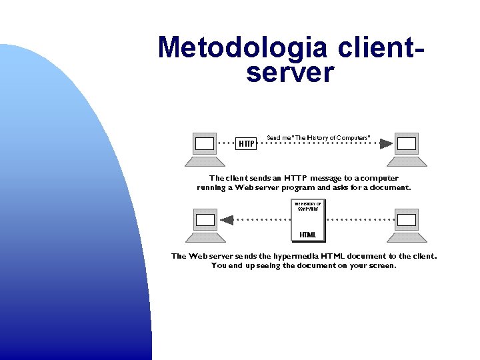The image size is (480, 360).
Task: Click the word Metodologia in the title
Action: (243, 48)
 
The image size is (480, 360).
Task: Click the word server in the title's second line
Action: (289, 73)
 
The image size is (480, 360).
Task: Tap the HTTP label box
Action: (247, 143)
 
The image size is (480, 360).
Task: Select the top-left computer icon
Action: (205, 149)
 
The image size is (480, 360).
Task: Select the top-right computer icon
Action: (406, 149)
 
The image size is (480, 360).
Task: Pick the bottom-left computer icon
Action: (205, 225)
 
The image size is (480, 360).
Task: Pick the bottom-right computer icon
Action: (406, 225)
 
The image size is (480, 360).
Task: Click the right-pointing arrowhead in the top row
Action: (386, 143)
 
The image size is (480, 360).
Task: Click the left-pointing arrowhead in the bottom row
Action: (227, 219)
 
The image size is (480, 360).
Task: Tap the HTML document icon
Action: (308, 220)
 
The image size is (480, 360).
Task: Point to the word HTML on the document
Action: (308, 235)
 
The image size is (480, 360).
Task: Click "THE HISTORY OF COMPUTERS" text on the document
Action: (308, 206)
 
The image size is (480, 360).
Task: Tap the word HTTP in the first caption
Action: (296, 178)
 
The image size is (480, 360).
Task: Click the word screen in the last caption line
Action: (381, 265)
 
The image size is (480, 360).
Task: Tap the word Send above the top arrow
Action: (273, 138)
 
